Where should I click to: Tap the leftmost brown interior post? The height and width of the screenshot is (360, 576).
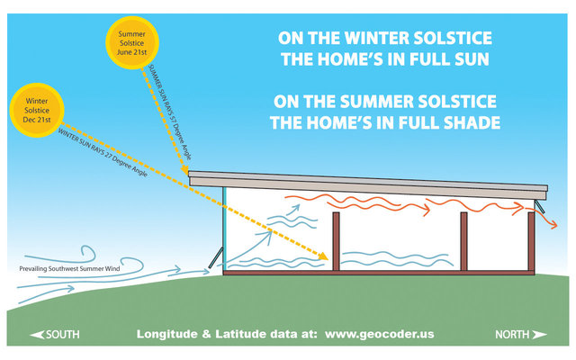pyautogui.click(x=336, y=240)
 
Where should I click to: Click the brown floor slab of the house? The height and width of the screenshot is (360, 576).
pyautogui.click(x=378, y=271)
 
